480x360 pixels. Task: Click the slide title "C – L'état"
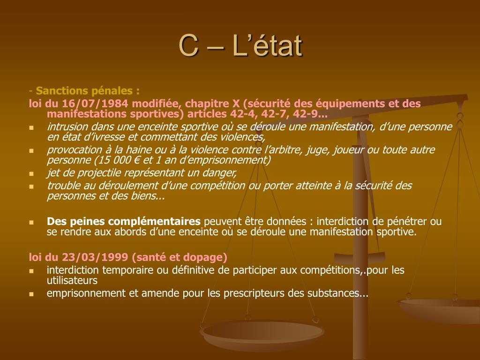[x=240, y=45]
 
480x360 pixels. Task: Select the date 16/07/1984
[x=95, y=104]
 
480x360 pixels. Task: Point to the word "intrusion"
[x=67, y=127]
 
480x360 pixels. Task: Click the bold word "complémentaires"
[x=154, y=221]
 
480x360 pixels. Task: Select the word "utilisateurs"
[x=72, y=280]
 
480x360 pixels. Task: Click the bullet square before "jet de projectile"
[x=31, y=173]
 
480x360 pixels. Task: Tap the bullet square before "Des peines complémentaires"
[x=31, y=222]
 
